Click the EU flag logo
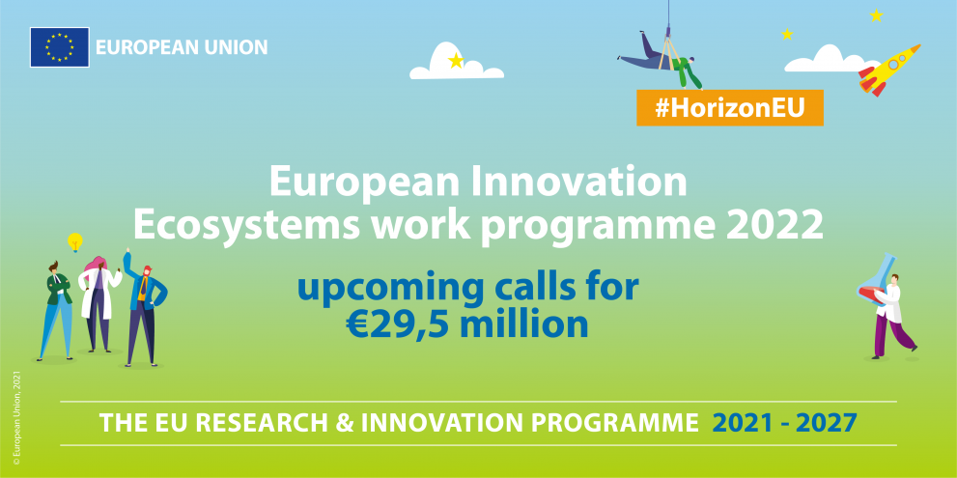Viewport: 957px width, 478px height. point(59,47)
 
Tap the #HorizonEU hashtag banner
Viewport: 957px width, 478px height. point(729,107)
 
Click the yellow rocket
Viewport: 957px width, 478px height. point(889,70)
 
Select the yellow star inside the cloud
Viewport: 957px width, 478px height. point(455,61)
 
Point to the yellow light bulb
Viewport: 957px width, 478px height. point(75,242)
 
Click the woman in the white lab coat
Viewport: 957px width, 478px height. point(99,304)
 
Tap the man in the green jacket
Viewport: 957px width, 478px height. point(56,311)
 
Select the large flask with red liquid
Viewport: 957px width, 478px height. point(877,281)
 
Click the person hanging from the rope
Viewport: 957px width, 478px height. point(661,59)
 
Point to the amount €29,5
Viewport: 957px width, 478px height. point(398,324)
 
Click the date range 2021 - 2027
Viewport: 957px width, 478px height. point(785,423)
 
